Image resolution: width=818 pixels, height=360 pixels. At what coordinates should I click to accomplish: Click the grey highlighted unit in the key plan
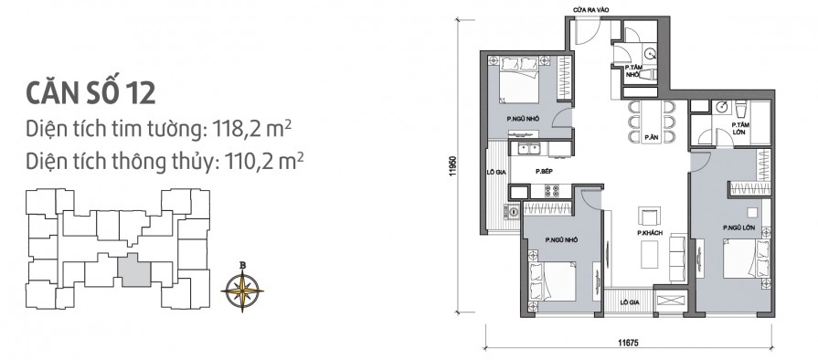134,270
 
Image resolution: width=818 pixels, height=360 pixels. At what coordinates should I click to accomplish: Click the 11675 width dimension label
628,343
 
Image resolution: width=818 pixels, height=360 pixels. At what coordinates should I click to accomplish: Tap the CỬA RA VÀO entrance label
591,10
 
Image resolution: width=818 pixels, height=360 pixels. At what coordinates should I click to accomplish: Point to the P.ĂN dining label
650,138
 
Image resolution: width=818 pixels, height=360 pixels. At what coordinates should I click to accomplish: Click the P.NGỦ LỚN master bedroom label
738,228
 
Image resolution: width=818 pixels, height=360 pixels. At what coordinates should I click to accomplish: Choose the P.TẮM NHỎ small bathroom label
632,71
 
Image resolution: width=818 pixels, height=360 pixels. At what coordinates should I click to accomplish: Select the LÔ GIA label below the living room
629,302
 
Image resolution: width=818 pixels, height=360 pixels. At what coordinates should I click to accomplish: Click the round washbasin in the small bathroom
649,54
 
